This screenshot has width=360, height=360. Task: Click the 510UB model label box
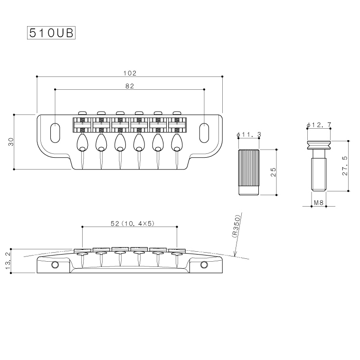coord(51,33)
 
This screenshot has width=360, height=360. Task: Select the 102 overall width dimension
coord(130,73)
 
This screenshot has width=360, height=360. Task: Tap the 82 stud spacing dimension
coord(130,86)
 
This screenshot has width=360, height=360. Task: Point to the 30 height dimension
coord(11,142)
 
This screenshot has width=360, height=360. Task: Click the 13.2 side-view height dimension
coord(8,261)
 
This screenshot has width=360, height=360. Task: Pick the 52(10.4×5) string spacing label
coord(133,223)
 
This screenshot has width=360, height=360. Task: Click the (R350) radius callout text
coord(236,226)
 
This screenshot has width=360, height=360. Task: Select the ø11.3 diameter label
coord(249,134)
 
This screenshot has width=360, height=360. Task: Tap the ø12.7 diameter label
coord(319,125)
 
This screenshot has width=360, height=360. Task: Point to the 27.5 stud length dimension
coord(345,166)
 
